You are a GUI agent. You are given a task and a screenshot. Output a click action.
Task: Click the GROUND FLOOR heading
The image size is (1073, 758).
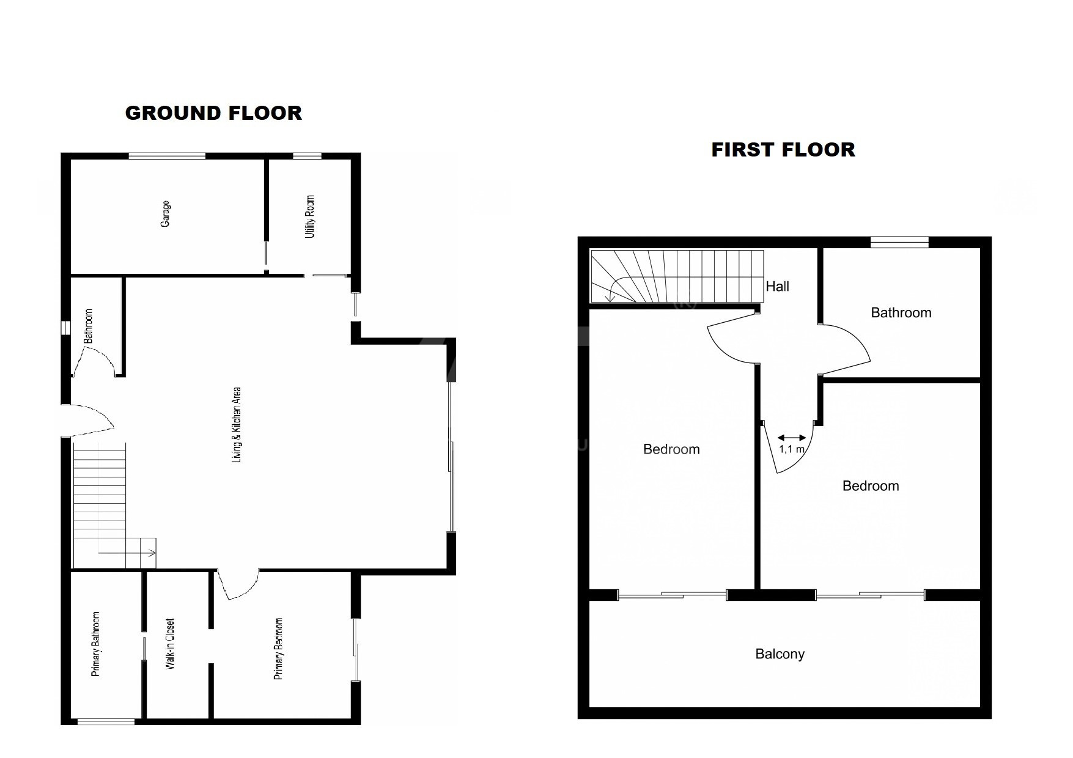click(213, 113)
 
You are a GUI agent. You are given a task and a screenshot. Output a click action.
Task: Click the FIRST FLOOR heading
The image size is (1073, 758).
click(783, 150)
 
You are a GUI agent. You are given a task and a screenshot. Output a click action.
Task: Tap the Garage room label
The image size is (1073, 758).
click(165, 214)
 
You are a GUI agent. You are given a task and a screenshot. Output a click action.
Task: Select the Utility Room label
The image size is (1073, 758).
click(311, 216)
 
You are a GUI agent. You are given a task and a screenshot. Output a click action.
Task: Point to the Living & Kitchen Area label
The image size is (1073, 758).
click(237, 424)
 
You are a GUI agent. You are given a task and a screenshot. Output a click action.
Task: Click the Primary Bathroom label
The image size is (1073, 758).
click(95, 644)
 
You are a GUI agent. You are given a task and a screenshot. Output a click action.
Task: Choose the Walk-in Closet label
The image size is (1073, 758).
click(171, 644)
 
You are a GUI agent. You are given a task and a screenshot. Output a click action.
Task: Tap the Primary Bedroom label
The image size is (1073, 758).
click(279, 649)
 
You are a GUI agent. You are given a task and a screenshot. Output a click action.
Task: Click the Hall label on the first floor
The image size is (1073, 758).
click(778, 286)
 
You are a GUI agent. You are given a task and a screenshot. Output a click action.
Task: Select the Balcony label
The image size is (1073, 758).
click(780, 654)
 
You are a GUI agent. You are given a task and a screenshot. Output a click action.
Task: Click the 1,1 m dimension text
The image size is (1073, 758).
click(792, 449)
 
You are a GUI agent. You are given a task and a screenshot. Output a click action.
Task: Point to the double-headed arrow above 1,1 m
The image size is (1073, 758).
click(792, 438)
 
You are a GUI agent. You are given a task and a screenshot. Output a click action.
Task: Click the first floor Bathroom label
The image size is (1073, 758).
click(901, 313)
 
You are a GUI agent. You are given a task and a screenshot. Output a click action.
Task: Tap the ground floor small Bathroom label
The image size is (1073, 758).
click(89, 325)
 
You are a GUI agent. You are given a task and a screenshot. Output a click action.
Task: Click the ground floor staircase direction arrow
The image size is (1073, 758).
click(127, 553)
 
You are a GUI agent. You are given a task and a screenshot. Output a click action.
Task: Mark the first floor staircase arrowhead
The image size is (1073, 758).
click(610, 297)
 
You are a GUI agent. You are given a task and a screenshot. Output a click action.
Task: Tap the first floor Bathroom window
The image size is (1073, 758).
click(899, 242)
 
